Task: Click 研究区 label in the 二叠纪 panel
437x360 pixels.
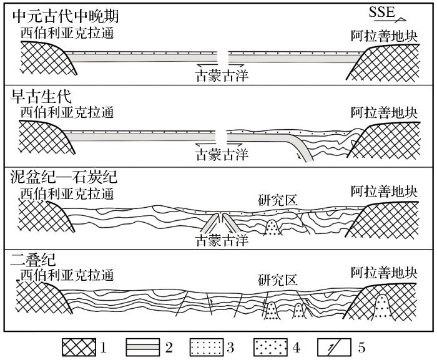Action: click(x=278, y=279)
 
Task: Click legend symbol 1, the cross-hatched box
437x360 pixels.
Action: click(x=81, y=346)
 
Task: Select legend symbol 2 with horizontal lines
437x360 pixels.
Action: click(x=142, y=346)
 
